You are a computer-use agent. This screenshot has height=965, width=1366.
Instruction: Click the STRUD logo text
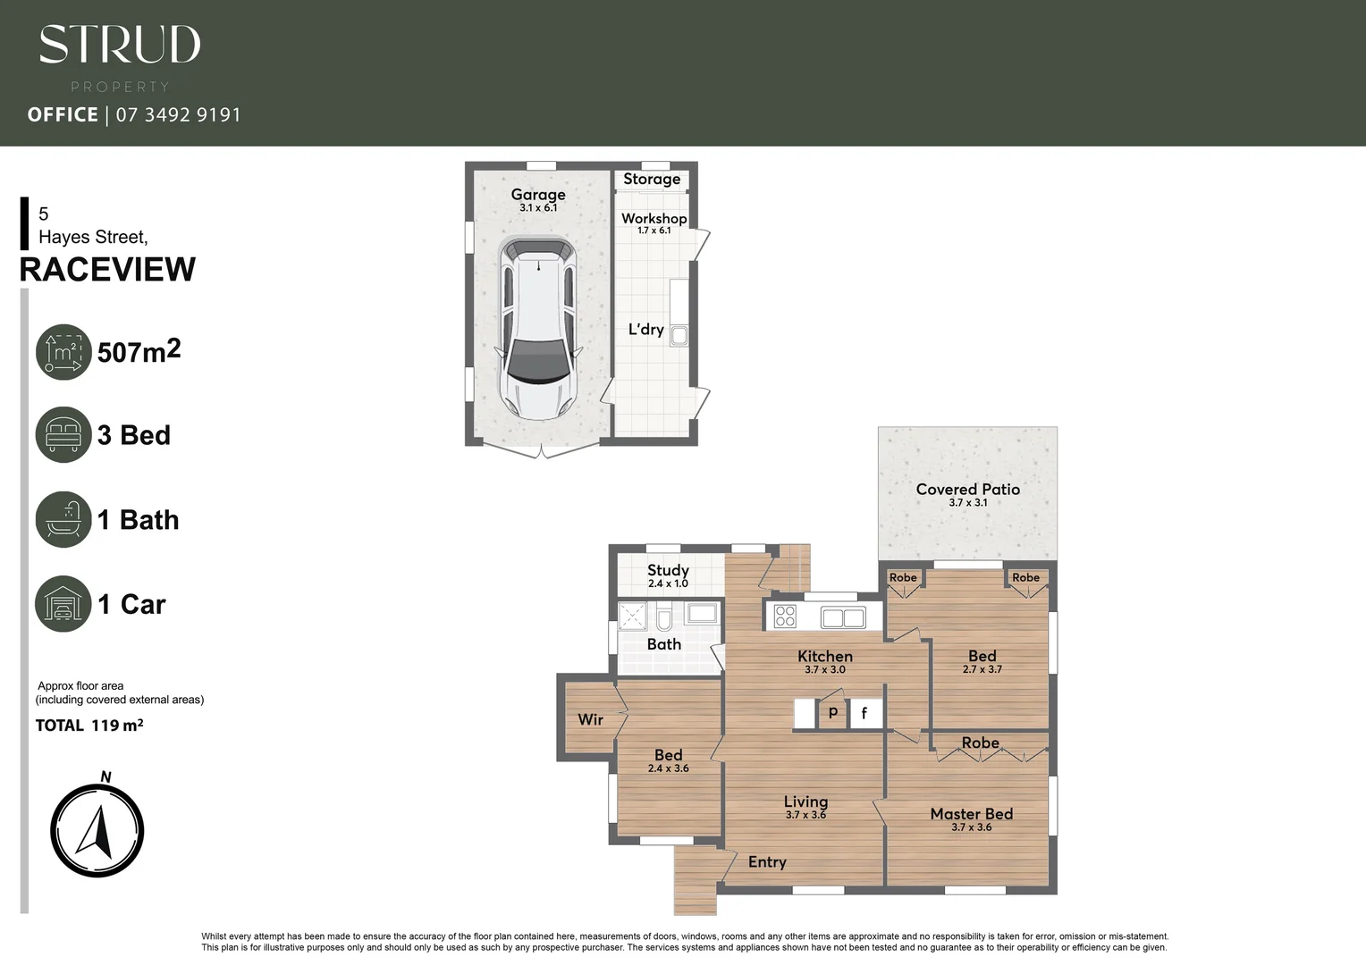pos(120,45)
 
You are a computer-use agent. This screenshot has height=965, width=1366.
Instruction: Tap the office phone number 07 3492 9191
pos(178,114)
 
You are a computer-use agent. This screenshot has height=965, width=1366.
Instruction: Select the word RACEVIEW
pos(107,269)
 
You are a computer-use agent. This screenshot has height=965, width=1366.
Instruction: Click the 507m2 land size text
pos(139,351)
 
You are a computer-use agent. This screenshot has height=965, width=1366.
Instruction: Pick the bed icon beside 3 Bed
pos(63,435)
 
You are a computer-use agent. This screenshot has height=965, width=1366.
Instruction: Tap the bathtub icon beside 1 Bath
pos(63,519)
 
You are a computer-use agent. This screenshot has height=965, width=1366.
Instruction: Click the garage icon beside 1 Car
pos(63,604)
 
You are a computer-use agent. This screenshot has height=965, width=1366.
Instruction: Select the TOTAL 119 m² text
pos(89,726)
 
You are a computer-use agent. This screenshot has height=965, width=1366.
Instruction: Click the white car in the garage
pos(537,328)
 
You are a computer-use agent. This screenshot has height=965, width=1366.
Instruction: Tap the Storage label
pos(652,179)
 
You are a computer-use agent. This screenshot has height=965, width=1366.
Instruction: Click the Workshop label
pos(653,218)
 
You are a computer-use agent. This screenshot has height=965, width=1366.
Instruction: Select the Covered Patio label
pos(967,489)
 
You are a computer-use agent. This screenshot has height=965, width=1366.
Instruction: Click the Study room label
pos(668,570)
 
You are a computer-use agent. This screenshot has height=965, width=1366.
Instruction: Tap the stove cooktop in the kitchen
pos(785,616)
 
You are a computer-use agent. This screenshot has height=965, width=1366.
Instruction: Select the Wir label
pos(590,719)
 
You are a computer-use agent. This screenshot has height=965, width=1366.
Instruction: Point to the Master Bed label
pos(971,814)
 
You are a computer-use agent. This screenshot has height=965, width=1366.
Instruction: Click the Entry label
pos(767,861)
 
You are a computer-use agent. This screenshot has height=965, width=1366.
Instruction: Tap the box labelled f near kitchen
pos(864,713)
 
